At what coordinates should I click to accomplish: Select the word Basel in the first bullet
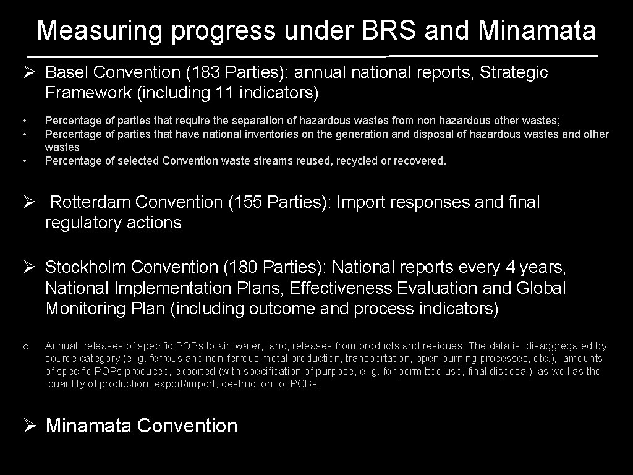pyautogui.click(x=67, y=72)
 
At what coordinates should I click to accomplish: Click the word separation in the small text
pyautogui.click(x=234, y=121)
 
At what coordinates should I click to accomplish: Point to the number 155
pyautogui.click(x=247, y=202)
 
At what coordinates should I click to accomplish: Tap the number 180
pyautogui.click(x=242, y=267)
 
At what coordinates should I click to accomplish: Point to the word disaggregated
pyautogui.click(x=559, y=346)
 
